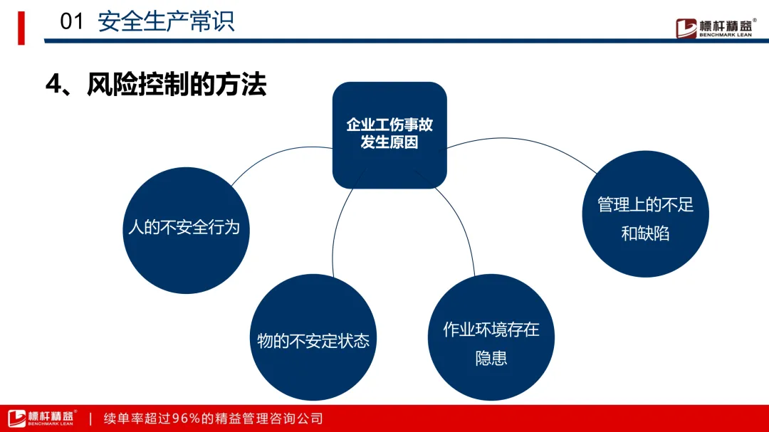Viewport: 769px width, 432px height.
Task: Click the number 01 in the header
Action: (72, 21)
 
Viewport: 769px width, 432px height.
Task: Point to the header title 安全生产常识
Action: (166, 21)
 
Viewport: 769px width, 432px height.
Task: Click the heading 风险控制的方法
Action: (177, 85)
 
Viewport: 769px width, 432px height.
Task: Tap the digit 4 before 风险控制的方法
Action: (52, 85)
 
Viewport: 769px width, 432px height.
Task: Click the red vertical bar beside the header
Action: (21, 27)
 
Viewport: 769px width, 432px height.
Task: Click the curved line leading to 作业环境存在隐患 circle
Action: (463, 228)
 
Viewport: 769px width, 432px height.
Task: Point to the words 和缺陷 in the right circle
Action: (645, 233)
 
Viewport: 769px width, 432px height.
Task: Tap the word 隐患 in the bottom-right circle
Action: (491, 358)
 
